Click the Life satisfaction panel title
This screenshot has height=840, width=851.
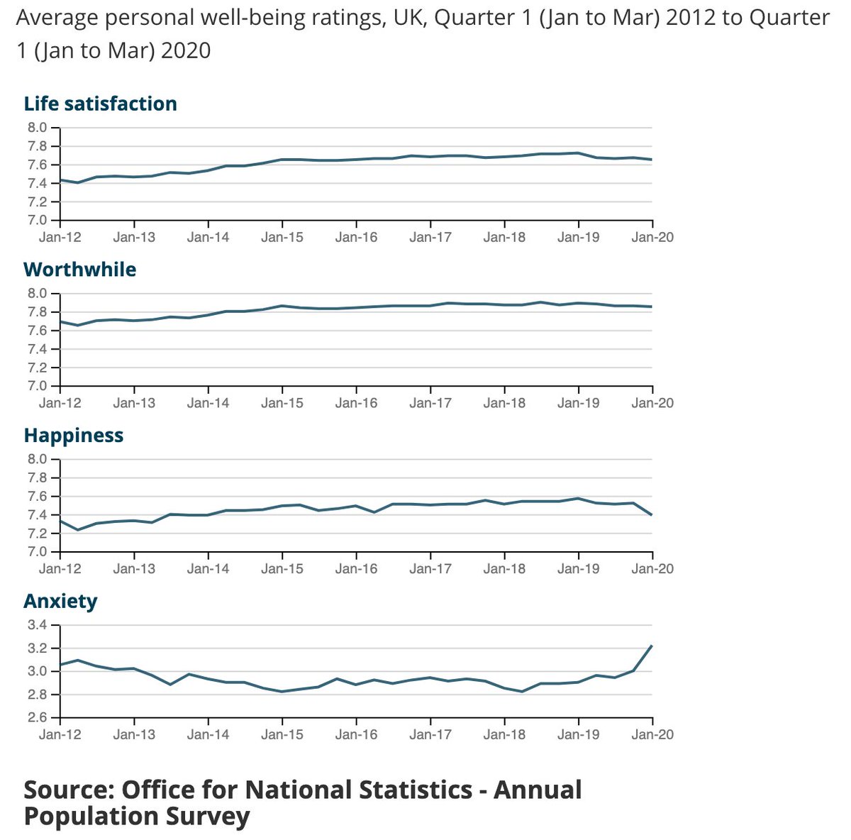pos(100,104)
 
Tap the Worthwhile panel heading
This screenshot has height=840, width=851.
pos(79,270)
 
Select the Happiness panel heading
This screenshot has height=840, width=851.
pos(73,436)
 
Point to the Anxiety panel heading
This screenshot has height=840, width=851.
pos(60,602)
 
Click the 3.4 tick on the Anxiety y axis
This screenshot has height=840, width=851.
pos(37,625)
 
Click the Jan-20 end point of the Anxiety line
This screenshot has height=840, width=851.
pos(652,645)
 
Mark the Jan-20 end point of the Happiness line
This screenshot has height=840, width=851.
pos(652,515)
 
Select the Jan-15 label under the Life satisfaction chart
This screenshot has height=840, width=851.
pos(282,237)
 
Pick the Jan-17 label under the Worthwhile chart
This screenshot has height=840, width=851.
pos(430,403)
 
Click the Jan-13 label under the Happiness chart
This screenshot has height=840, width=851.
pos(133,569)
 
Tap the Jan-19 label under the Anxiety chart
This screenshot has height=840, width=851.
pos(578,734)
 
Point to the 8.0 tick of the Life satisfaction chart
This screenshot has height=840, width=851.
pos(37,128)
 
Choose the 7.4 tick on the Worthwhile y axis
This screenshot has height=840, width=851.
pos(37,349)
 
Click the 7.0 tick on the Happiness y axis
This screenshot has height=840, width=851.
pos(37,552)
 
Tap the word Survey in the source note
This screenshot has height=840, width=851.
pos(207,816)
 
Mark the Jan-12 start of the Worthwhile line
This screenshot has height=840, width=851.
pos(61,321)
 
